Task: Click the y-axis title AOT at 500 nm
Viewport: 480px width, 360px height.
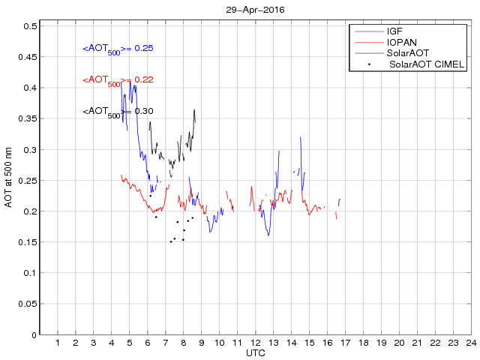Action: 8,180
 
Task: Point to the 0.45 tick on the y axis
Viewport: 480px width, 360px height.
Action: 28,57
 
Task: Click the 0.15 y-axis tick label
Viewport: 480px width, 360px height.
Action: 28,242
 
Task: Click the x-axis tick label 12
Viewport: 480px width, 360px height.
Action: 256,343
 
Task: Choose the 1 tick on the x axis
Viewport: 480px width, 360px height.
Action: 58,343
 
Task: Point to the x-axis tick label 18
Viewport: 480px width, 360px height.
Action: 364,343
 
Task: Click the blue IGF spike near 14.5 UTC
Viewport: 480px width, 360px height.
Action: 300,138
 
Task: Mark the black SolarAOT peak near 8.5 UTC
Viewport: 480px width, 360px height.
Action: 194,109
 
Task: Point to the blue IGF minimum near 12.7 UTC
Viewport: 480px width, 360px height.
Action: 268,235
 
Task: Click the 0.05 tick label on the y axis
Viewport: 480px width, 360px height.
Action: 28,304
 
